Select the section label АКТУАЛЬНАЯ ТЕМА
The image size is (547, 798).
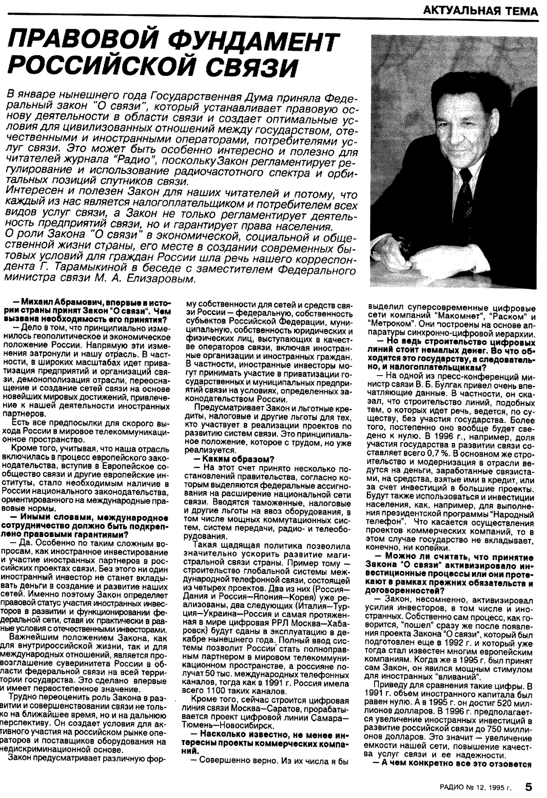tap(481, 11)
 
